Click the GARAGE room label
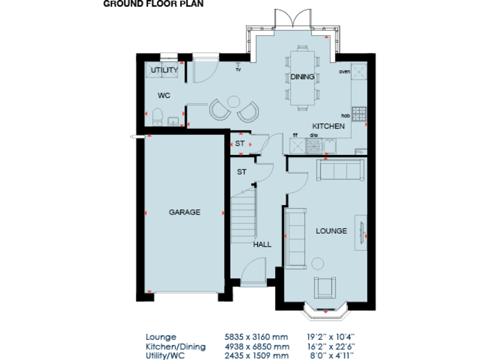[x=184, y=212]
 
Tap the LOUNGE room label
[x=331, y=231]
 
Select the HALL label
[x=262, y=244]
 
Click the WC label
[x=164, y=96]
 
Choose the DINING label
[x=302, y=77]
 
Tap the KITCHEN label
[x=328, y=126]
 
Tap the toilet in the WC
[x=157, y=116]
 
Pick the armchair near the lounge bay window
[x=325, y=286]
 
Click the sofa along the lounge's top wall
[x=340, y=169]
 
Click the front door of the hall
[x=253, y=274]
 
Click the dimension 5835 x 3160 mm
[x=256, y=336]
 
